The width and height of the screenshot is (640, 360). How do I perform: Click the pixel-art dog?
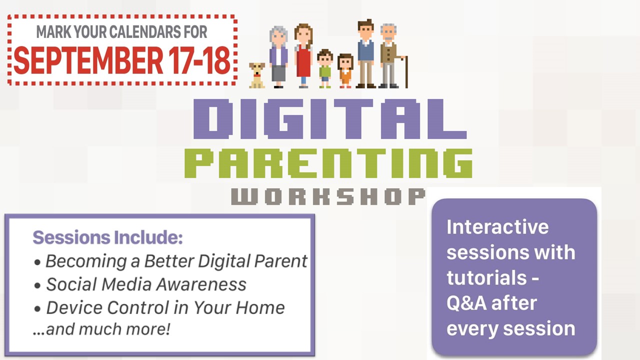[x=256, y=75]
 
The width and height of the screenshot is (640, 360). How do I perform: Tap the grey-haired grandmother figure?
[x=278, y=57]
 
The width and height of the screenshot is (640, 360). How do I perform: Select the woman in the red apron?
[x=303, y=55]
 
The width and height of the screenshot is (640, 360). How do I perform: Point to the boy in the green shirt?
[x=325, y=68]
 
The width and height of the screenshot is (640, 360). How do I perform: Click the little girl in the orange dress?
[x=345, y=71]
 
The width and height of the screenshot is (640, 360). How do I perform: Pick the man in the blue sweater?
[x=365, y=53]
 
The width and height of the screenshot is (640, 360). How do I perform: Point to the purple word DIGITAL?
[x=330, y=119]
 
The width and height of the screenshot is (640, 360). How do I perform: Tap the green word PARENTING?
[x=328, y=163]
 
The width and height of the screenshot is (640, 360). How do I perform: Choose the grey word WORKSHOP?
[x=328, y=196]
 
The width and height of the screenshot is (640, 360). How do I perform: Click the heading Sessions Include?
[x=107, y=237]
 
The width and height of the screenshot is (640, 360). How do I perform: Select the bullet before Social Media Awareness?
[x=37, y=285]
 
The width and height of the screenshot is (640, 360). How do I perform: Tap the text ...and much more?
[x=101, y=329]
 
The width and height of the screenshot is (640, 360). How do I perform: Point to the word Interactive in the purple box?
[x=497, y=227]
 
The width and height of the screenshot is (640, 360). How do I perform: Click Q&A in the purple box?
[x=466, y=303]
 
